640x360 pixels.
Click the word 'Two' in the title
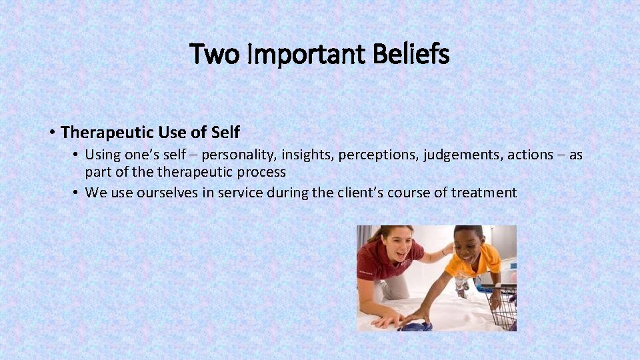(213, 54)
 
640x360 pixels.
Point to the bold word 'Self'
(225, 132)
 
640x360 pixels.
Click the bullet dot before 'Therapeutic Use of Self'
(51, 132)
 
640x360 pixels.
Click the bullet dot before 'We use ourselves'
(77, 193)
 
